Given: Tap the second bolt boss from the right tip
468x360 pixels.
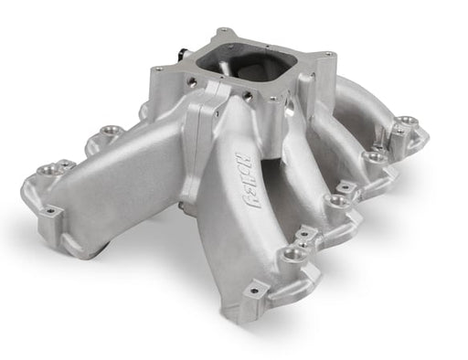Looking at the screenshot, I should [x=375, y=157].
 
